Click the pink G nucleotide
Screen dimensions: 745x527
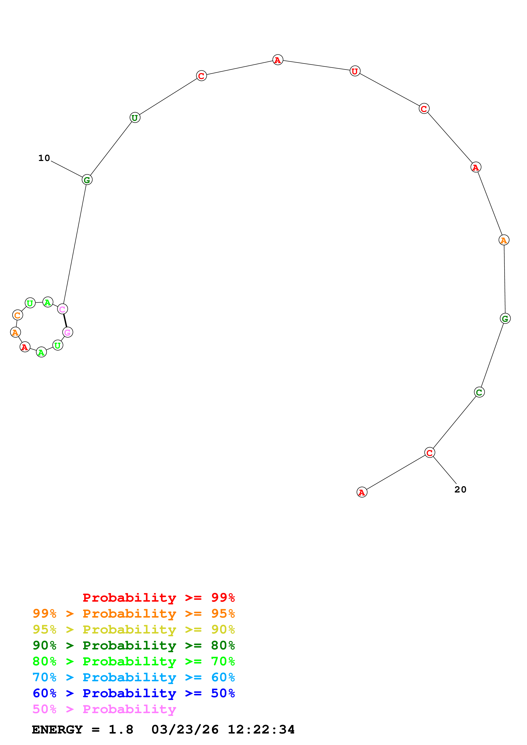click(68, 332)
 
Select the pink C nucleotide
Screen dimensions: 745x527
click(62, 309)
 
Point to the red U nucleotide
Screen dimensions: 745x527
click(355, 71)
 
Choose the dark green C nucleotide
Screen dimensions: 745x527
click(479, 392)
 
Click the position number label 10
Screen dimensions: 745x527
click(44, 158)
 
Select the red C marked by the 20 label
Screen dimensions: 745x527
click(430, 452)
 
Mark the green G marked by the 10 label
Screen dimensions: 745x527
click(87, 179)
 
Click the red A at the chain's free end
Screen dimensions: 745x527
click(362, 492)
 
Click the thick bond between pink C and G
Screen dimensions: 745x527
click(65, 321)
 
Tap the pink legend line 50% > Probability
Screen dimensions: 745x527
click(104, 709)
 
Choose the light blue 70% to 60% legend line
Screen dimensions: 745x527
click(134, 677)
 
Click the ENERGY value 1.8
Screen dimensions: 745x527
click(121, 730)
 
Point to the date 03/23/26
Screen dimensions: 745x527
click(185, 730)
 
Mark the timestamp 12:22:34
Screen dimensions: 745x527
click(261, 730)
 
